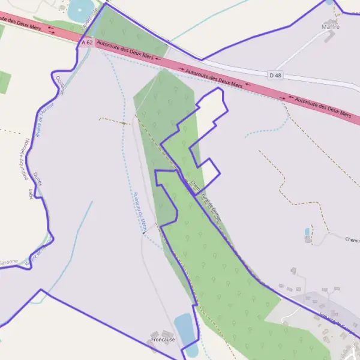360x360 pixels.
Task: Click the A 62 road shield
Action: click(x=87, y=43)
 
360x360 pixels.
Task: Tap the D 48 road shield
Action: click(x=275, y=74)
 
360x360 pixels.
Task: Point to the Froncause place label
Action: click(x=163, y=340)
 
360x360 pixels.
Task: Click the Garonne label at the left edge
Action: click(x=8, y=262)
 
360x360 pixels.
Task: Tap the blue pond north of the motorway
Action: click(x=80, y=9)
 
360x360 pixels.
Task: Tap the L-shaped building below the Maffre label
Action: click(x=329, y=36)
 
